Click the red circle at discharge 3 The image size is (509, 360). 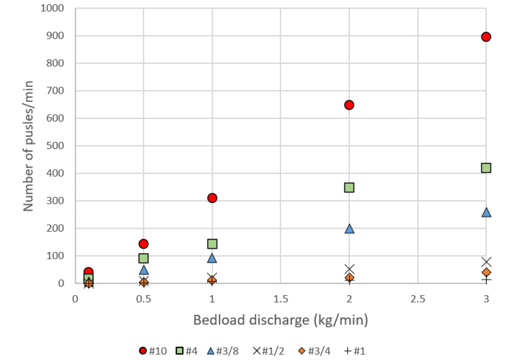486,37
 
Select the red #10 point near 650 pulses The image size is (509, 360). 349,105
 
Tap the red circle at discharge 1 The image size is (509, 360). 212,198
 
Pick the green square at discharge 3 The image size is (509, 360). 486,168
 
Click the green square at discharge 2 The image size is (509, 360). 349,187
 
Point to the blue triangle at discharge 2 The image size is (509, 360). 349,229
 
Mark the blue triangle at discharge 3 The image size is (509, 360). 486,212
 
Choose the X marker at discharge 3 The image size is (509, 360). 486,262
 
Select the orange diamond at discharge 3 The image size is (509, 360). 486,272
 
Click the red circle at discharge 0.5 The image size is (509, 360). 143,244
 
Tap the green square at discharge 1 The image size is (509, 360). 212,244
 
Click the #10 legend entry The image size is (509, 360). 153,351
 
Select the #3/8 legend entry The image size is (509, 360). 223,351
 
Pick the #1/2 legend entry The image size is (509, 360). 268,351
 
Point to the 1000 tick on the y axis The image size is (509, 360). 52,8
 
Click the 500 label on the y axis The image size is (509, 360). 55,146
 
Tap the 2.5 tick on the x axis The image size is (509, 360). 417,299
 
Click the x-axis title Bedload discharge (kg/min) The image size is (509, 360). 281,320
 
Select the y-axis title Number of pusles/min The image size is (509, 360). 28,146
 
